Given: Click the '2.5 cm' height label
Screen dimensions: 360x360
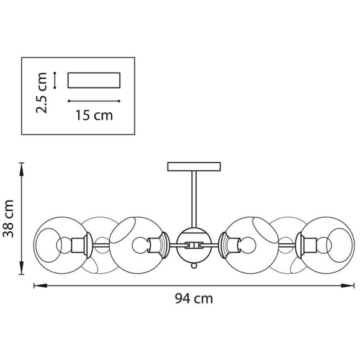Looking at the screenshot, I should point(42,93).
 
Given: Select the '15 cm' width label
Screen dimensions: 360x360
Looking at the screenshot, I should point(94,115).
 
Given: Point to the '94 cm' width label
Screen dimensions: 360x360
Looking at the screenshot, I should point(193,299).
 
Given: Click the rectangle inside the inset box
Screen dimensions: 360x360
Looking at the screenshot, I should point(93,81).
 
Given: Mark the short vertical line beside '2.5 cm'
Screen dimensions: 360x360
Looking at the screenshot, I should point(56,80).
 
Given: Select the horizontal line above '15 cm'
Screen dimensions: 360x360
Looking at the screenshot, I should point(93,101).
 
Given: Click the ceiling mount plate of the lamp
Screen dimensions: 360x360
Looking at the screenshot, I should point(194,166).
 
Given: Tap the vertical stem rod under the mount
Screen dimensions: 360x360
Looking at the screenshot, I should point(194,199).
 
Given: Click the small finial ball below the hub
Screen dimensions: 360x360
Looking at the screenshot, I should point(194,265).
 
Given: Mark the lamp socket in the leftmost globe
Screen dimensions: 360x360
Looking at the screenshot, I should point(81,245).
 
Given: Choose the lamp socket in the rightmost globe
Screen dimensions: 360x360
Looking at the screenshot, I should point(306,244).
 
